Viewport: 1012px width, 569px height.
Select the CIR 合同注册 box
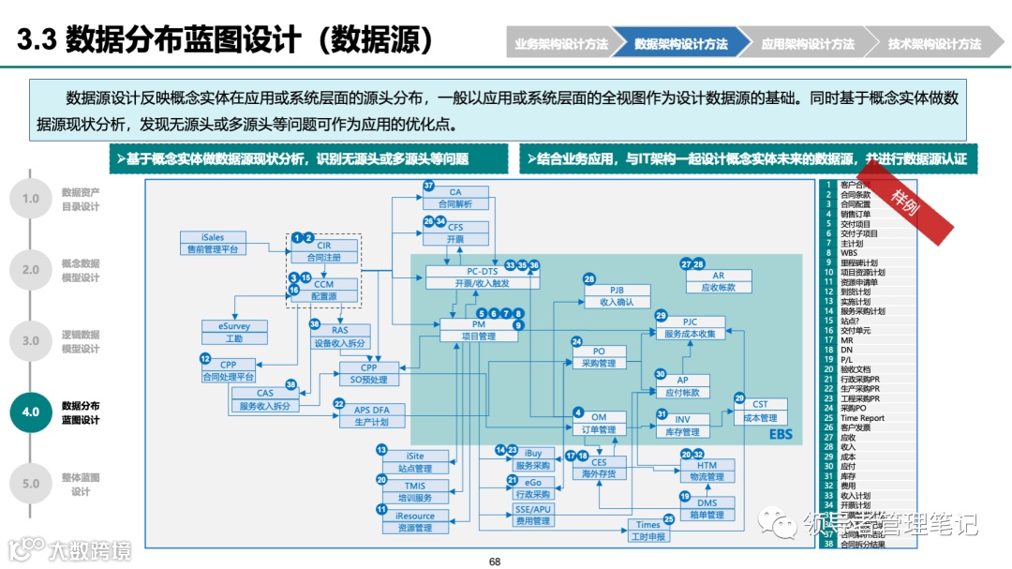pyautogui.click(x=323, y=250)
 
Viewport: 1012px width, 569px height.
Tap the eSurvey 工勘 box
pyautogui.click(x=233, y=332)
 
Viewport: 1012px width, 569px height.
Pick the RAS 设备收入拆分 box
pyautogui.click(x=339, y=337)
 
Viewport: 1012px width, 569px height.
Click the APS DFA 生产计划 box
pyautogui.click(x=371, y=415)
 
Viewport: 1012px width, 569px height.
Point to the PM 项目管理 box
pyautogui.click(x=480, y=330)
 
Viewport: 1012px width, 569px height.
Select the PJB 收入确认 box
pyautogui.click(x=617, y=296)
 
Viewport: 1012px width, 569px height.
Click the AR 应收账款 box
pyautogui.click(x=718, y=281)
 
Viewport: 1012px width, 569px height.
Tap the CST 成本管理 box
pyautogui.click(x=760, y=411)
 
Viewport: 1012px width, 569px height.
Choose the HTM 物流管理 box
pyautogui.click(x=707, y=471)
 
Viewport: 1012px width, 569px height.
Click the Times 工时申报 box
pyautogui.click(x=647, y=531)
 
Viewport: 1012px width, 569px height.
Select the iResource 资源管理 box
pyautogui.click(x=414, y=521)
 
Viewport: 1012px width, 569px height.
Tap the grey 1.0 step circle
pyautogui.click(x=31, y=199)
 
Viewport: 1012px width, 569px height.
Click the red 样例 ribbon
pyautogui.click(x=906, y=200)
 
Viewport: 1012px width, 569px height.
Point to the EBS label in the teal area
pyautogui.click(x=781, y=434)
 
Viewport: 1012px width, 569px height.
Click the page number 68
pyautogui.click(x=495, y=562)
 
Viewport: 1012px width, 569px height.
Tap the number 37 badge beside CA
pyautogui.click(x=429, y=186)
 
